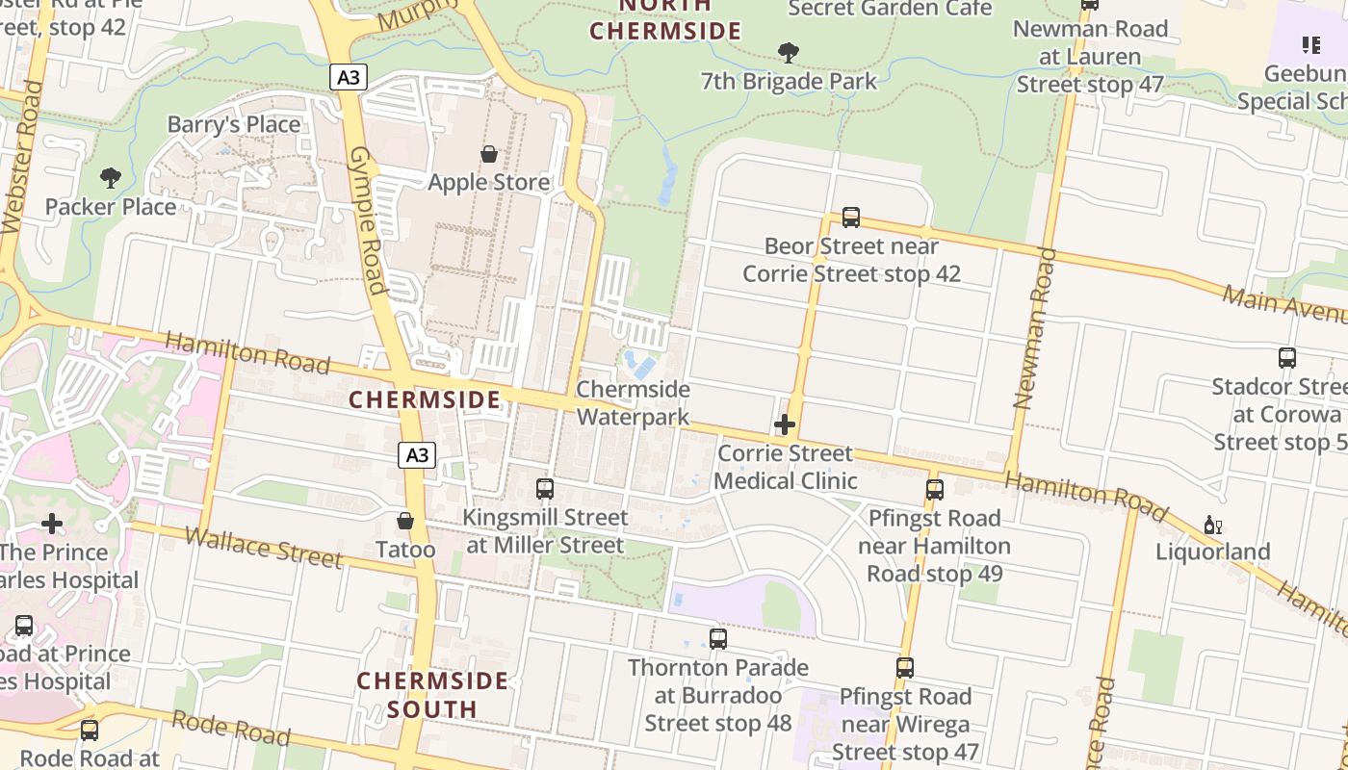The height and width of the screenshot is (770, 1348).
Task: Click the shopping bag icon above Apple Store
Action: click(489, 154)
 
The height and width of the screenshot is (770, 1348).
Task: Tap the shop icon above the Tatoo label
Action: click(405, 521)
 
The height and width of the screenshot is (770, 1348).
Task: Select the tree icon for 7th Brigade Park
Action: click(789, 52)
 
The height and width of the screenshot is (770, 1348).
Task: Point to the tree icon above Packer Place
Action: click(111, 178)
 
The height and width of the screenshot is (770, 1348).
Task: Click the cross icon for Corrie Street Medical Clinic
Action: click(785, 424)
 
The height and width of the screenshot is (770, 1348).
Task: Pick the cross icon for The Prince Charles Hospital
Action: click(52, 524)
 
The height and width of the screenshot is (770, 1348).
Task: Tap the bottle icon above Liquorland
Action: click(1212, 525)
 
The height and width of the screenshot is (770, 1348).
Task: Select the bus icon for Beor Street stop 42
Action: click(850, 218)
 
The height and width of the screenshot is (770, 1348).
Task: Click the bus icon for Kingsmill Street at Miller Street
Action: click(545, 489)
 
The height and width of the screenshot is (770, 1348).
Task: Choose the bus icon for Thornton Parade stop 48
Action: click(717, 639)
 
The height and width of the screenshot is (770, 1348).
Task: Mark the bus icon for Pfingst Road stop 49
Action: click(934, 490)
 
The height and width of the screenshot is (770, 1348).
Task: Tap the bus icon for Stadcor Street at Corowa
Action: click(1286, 358)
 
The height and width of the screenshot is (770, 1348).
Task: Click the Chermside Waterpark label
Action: click(633, 402)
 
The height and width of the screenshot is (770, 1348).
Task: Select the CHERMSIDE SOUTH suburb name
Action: click(432, 695)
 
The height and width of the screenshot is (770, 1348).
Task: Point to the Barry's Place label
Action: click(234, 124)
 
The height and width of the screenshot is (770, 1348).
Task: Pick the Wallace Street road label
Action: click(263, 547)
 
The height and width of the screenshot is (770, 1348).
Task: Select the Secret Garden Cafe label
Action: click(890, 9)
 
